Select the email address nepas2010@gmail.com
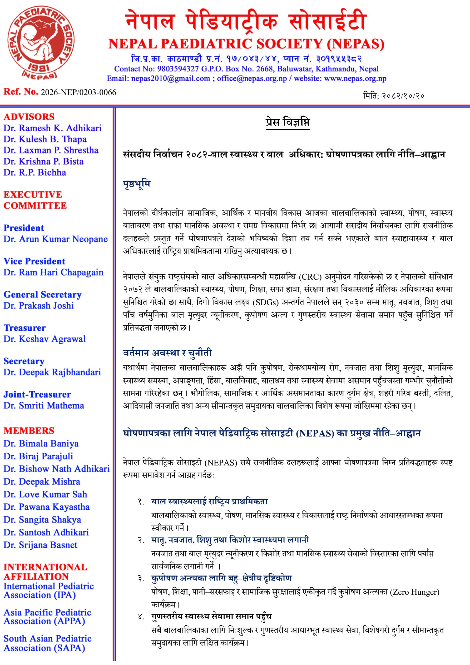tap(170, 78)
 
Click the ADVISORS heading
tap(29, 117)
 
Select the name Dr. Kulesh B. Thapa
tap(45, 139)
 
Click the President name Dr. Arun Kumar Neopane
tap(55, 239)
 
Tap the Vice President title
tap(34, 261)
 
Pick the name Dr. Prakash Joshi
tap(38, 306)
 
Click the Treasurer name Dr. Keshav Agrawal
tap(44, 339)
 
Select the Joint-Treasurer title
tap(37, 394)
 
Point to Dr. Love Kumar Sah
tap(45, 494)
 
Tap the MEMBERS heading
tap(29, 431)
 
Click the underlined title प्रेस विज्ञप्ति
tap(288, 122)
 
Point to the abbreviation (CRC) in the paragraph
tap(310, 277)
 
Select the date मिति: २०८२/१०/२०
tap(393, 96)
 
